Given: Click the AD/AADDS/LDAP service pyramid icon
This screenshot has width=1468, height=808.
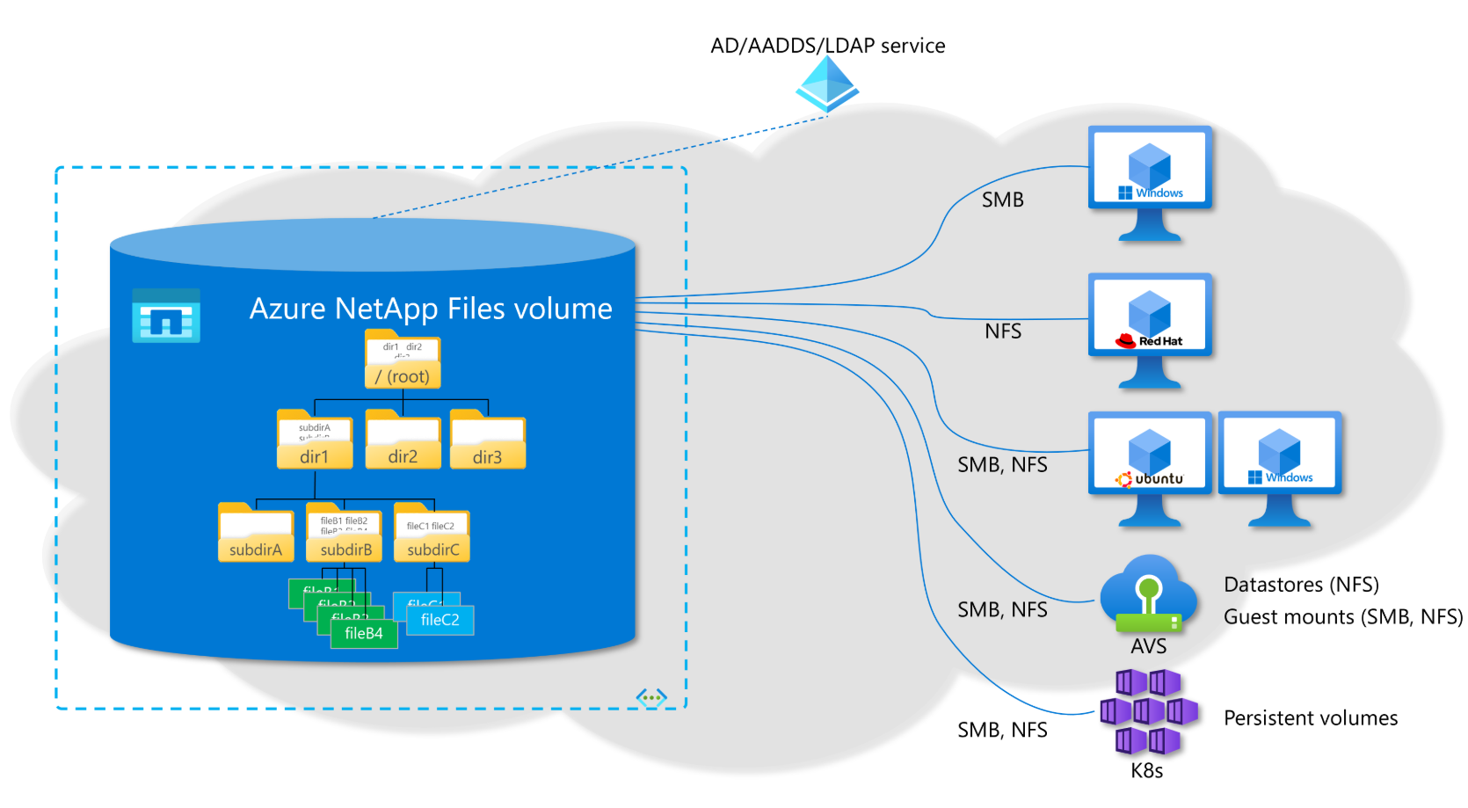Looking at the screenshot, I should (827, 84).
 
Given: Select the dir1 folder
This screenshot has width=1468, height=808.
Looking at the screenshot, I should (315, 440).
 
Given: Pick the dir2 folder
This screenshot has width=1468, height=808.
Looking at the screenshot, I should (403, 440).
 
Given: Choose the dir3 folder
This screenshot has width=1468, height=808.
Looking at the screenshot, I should (487, 440).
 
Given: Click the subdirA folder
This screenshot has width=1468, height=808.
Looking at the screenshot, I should (256, 534).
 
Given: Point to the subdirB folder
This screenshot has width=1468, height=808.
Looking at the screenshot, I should (345, 534).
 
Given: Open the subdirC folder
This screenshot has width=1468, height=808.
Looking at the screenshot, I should (432, 534).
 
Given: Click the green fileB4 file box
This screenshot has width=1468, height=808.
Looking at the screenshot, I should (364, 633).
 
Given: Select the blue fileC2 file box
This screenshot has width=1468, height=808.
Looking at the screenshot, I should (440, 620).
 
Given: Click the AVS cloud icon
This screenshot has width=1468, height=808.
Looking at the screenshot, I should (1148, 594).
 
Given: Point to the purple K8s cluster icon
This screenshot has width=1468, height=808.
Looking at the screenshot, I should (1148, 711).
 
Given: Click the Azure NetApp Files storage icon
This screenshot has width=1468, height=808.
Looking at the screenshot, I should (166, 316).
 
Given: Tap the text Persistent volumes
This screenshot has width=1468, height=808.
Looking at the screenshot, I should (1311, 718).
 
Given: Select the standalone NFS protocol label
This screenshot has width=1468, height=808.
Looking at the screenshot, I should (1003, 331).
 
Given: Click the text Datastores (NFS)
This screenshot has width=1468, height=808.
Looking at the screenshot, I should (1301, 585).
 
